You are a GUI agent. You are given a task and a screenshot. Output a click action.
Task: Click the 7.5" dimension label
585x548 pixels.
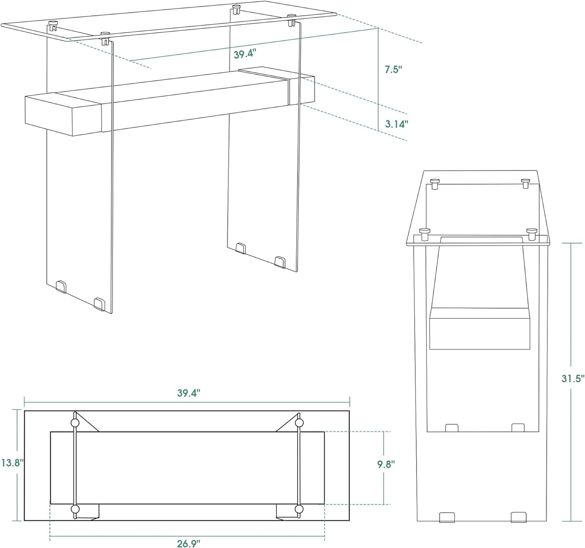393,69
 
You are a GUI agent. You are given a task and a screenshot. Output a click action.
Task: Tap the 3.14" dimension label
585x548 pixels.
396,124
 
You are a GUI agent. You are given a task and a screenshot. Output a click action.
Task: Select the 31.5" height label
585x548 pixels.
572,379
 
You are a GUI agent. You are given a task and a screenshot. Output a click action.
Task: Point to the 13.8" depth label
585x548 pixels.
11,463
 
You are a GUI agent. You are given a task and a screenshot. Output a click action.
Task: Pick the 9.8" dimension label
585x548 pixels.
386,464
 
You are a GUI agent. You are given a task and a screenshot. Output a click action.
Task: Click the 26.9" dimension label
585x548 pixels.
189,543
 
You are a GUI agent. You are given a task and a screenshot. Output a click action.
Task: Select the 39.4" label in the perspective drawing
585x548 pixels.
245,54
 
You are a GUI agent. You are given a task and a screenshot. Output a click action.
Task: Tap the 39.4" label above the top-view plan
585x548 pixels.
189,393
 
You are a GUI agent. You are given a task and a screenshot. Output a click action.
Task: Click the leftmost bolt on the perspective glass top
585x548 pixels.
53,26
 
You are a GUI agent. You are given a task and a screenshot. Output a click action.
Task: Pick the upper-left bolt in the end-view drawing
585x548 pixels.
435,184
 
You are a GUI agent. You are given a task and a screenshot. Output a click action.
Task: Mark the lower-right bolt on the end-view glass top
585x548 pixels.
532,234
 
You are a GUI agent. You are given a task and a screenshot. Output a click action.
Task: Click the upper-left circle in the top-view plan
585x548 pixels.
75,423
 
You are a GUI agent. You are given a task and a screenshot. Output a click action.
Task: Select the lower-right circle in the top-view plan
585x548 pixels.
299,509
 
